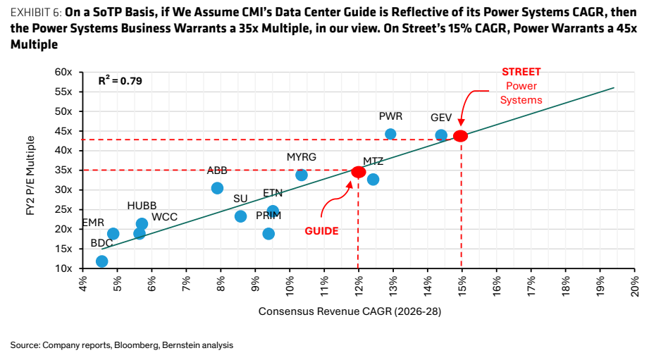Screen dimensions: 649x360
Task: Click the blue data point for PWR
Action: [390, 134]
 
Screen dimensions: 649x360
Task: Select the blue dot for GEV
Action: [441, 135]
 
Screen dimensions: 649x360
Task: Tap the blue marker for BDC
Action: [101, 261]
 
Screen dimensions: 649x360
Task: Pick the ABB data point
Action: [217, 188]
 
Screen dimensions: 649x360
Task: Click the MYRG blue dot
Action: [302, 175]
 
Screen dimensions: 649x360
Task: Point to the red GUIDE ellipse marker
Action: [359, 172]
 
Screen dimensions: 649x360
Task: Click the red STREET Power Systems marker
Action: [461, 136]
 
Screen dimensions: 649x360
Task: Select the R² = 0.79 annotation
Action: [120, 80]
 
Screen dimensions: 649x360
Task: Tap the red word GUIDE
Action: [321, 231]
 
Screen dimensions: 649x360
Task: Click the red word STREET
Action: [521, 72]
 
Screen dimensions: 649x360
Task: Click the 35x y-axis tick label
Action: [63, 170]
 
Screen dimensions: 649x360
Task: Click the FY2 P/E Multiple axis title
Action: [30, 175]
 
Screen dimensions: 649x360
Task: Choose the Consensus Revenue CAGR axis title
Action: [350, 311]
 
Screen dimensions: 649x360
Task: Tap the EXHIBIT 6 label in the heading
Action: [36, 13]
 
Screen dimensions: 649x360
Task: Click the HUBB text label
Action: [142, 206]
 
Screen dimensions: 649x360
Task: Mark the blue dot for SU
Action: [240, 216]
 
